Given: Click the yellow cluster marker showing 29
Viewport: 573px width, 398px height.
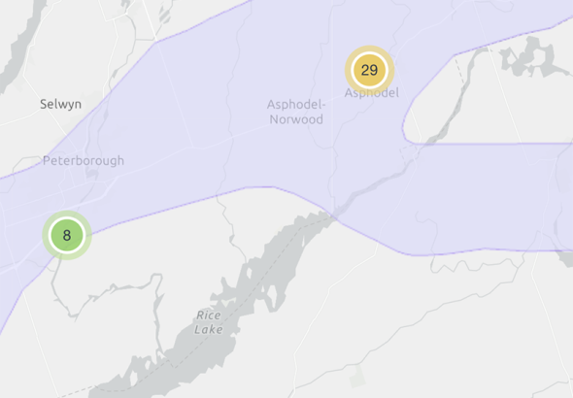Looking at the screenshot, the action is point(369,70).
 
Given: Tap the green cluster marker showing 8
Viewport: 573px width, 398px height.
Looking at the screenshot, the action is point(66,235).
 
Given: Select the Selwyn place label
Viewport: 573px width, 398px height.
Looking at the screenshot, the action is point(60,103).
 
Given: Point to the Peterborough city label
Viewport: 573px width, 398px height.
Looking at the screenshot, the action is point(84,160).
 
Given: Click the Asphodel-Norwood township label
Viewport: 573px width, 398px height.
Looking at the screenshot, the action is point(295,112).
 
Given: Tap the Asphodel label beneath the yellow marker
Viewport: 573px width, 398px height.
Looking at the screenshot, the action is point(371,93).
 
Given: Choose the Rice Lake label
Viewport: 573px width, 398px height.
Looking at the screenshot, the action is point(209,322).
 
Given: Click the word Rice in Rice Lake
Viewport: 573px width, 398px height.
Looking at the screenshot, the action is point(209,315).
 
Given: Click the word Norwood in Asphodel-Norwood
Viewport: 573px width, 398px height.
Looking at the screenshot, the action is point(298,119).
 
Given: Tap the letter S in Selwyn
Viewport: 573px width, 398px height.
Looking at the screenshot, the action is point(44,103).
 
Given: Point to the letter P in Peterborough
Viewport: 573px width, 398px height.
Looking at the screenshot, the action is point(47,160).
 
